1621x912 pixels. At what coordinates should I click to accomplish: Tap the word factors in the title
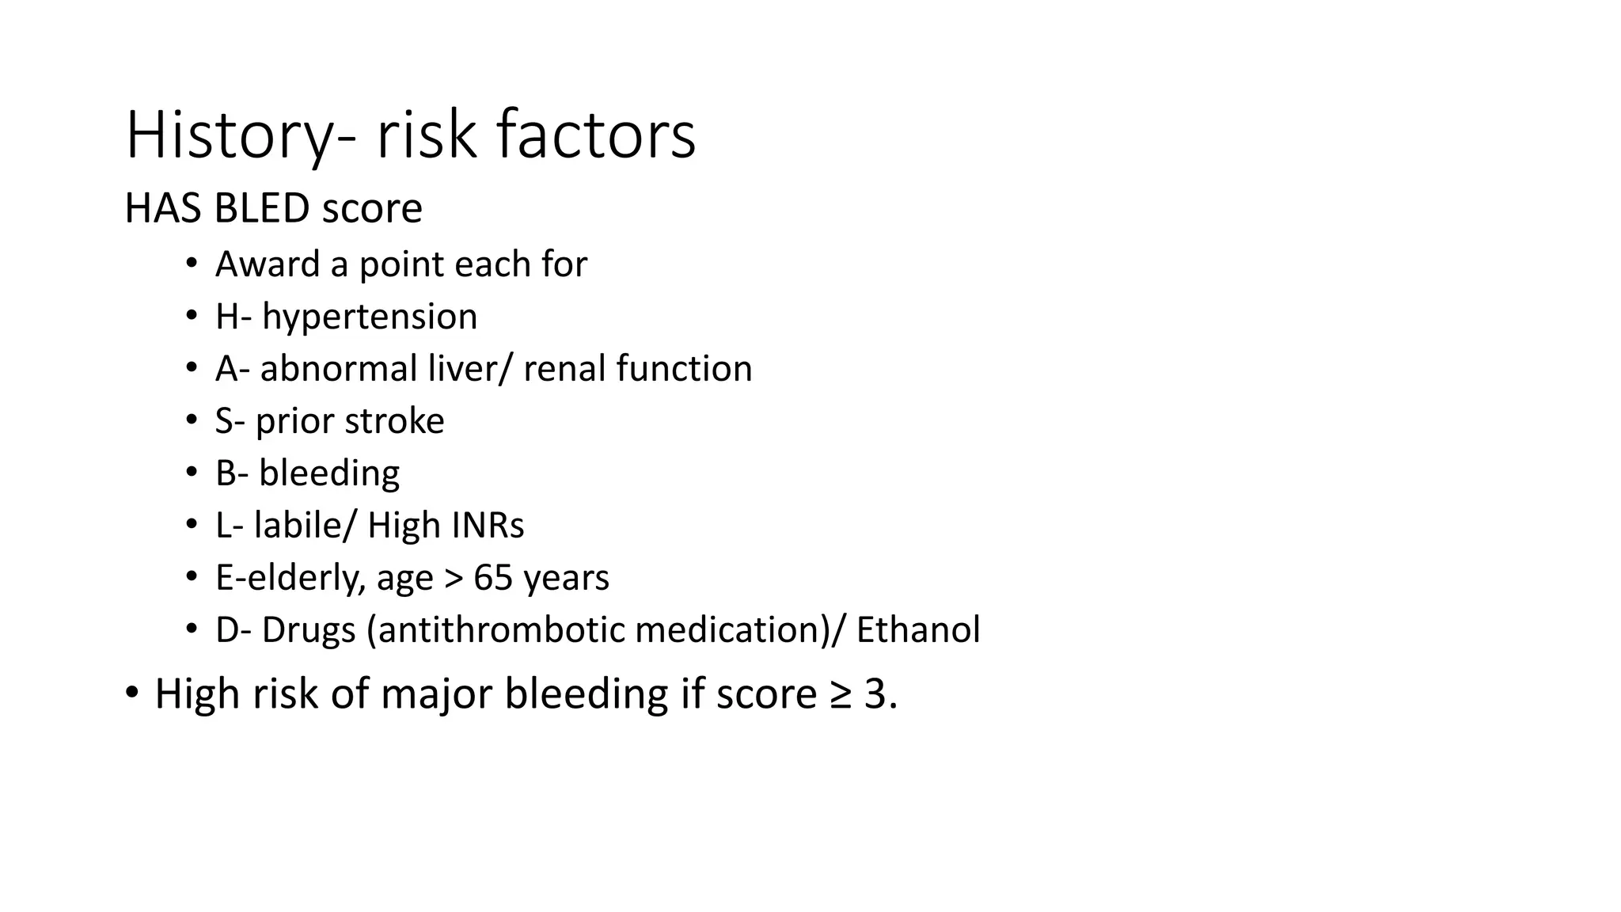point(597,136)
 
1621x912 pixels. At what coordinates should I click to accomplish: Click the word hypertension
point(370,317)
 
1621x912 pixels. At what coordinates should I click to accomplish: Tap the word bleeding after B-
point(329,473)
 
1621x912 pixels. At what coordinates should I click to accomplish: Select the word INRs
point(488,526)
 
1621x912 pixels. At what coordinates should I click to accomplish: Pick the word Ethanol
point(918,630)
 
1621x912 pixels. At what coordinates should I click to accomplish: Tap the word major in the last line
point(437,693)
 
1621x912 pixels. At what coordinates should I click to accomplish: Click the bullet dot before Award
point(191,264)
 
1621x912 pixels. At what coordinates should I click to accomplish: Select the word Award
point(267,264)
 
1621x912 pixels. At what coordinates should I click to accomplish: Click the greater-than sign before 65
point(453,579)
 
